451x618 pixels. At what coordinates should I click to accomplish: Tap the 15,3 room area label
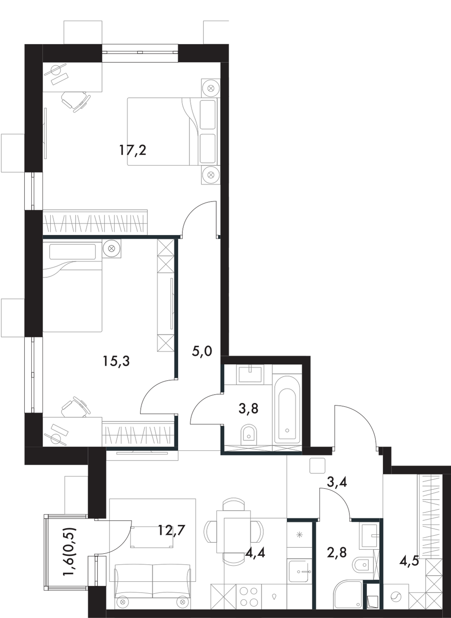(116, 361)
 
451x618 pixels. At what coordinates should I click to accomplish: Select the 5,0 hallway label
(202, 351)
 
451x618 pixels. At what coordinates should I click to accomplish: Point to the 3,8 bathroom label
(248, 409)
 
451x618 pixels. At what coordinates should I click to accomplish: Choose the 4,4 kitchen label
(255, 552)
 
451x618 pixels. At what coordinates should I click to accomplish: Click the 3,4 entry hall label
(337, 482)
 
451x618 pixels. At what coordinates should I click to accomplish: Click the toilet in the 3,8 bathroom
(249, 433)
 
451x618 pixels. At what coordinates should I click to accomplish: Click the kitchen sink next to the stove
(300, 571)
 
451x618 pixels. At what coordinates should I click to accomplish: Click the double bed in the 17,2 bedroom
(165, 131)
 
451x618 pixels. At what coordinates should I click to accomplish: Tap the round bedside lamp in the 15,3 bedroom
(112, 248)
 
